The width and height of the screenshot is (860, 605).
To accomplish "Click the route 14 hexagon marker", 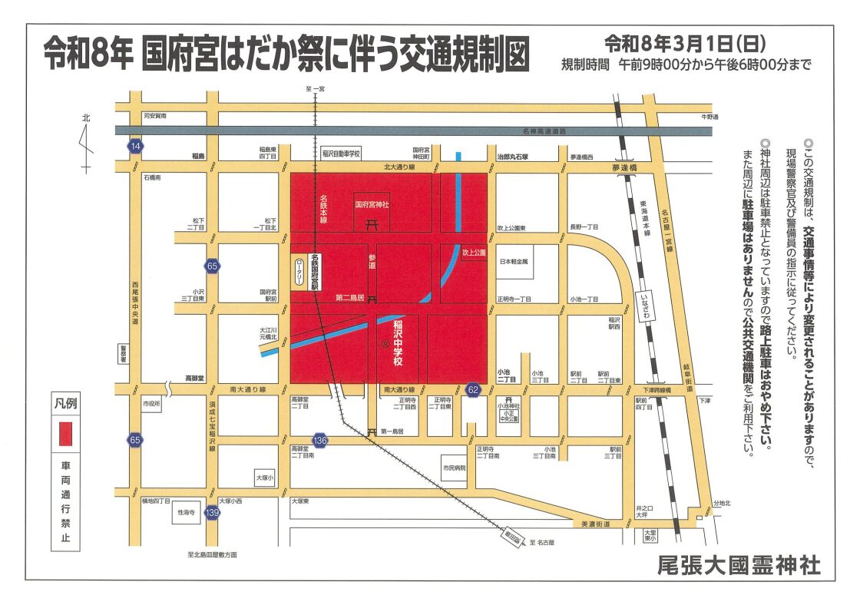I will point(136,146).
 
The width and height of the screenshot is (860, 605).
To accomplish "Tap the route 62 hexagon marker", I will point(473,390).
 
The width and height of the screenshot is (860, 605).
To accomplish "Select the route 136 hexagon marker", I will point(320,441).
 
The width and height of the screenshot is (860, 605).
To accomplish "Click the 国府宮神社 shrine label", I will point(372,205).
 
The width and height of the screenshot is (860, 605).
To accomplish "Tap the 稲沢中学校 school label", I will point(399,336).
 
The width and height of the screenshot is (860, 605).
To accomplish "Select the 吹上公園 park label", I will point(475,252).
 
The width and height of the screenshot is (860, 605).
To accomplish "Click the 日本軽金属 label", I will point(515,262).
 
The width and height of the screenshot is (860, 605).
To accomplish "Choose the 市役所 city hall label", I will point(151,403).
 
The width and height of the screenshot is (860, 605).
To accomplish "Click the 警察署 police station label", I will point(122,352).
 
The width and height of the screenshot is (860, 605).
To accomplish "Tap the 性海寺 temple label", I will point(187,511).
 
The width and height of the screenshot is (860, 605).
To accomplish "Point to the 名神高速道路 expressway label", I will point(541,131).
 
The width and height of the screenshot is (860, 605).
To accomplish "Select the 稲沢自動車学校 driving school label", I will point(340,153).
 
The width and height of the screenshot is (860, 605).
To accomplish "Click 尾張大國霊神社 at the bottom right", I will point(739,566).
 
